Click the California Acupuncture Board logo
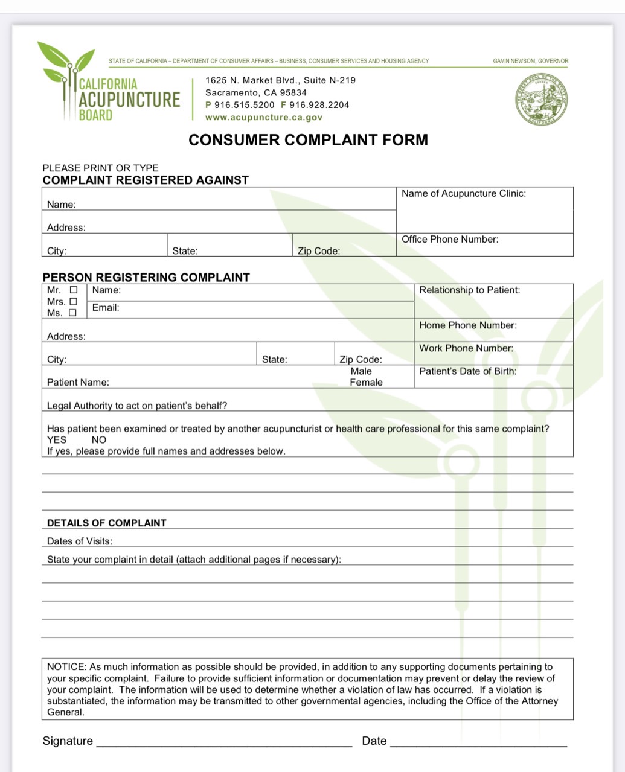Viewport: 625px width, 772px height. tap(109, 85)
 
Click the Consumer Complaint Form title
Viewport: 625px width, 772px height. tap(308, 140)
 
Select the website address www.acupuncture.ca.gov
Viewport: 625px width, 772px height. tap(264, 118)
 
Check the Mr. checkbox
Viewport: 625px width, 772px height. tap(74, 290)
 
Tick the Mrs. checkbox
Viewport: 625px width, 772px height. tap(74, 302)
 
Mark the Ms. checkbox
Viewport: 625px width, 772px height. tap(73, 313)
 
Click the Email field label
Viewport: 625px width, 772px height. tap(106, 308)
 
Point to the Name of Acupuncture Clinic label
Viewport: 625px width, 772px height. tap(463, 194)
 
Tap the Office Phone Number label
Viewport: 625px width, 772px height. tap(450, 240)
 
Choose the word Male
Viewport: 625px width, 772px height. tap(361, 371)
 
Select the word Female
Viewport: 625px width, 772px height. tap(366, 383)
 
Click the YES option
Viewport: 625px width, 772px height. tap(57, 440)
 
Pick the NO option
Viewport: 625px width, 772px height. tap(98, 440)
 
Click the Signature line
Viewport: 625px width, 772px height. tap(223, 744)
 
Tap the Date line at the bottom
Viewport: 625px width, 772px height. tap(478, 744)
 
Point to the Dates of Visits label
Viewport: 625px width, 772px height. tap(80, 541)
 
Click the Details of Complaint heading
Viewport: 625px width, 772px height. tap(107, 523)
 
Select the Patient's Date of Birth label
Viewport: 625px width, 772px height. tap(468, 371)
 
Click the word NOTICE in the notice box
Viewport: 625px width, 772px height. tap(66, 667)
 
